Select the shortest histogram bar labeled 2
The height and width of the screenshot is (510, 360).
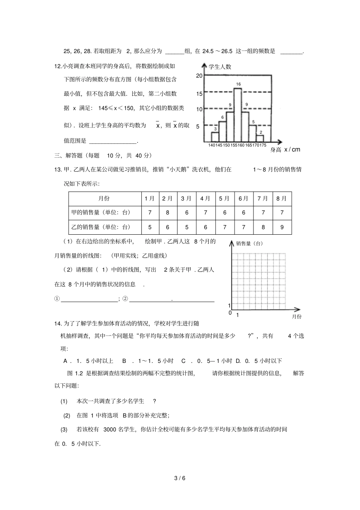coord(260,138)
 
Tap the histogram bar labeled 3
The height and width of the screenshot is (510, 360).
coord(215,137)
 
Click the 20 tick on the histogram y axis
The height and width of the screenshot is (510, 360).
coord(199,76)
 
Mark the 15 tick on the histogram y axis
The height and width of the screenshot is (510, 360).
coord(199,94)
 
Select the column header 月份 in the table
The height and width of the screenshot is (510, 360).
coord(105,198)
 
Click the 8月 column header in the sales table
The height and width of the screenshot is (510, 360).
coord(282,198)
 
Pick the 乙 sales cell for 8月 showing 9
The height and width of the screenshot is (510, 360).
coord(282,227)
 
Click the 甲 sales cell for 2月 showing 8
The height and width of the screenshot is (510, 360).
coord(168,213)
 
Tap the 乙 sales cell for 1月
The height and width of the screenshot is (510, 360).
coord(150,227)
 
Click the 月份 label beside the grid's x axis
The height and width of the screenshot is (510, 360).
coord(296,316)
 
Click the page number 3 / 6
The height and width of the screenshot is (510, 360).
coord(180,479)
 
